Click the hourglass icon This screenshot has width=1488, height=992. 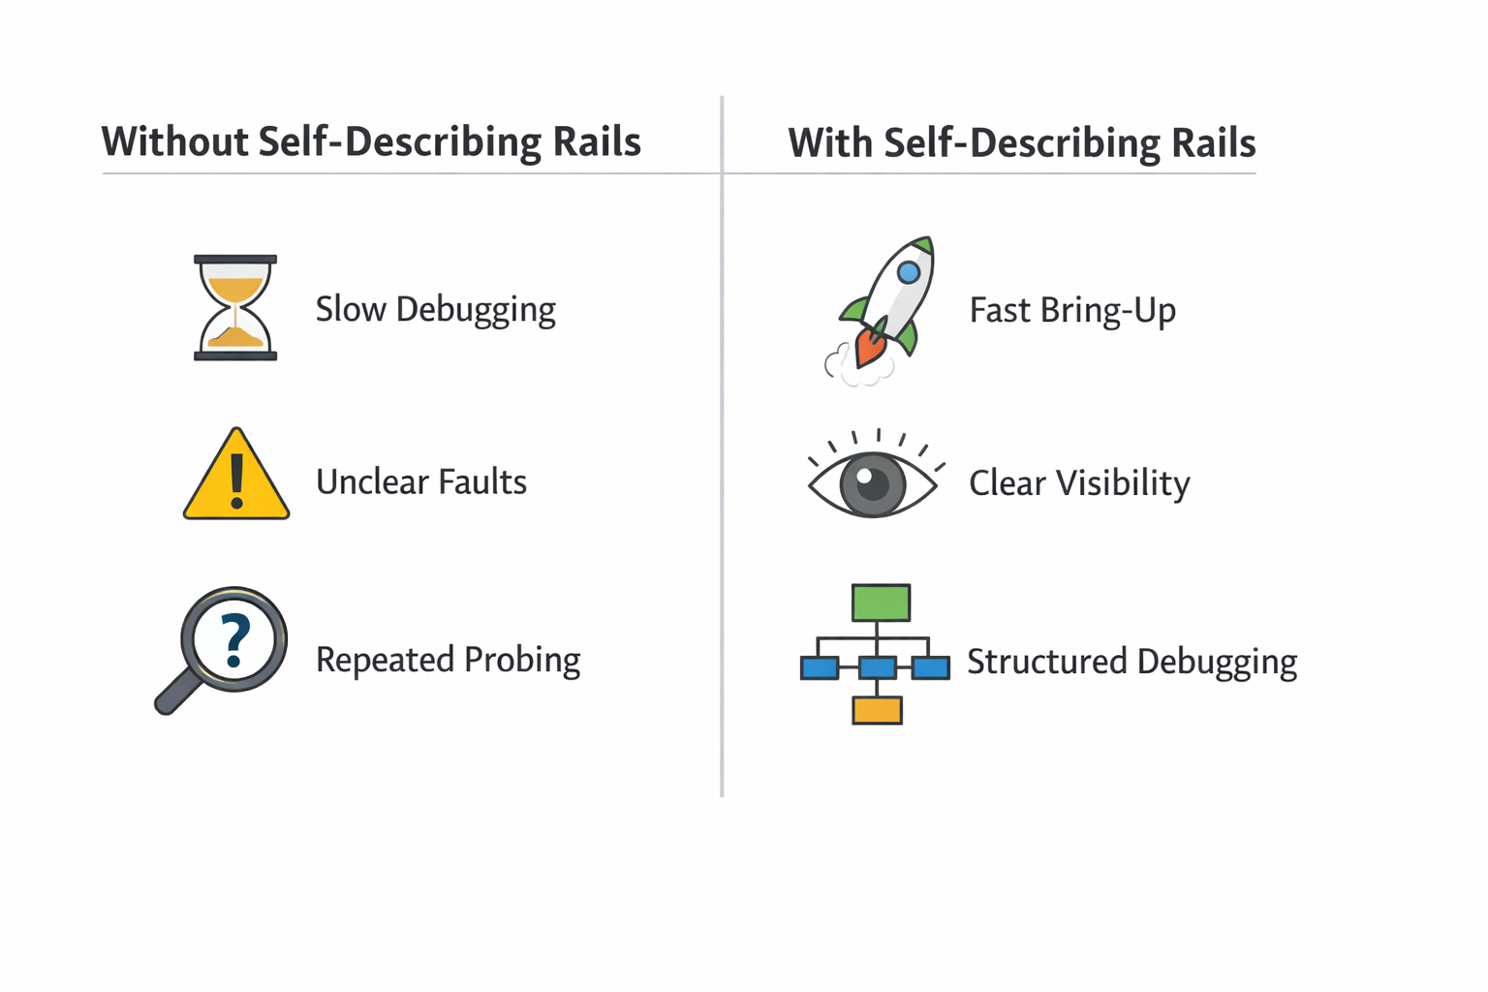coord(235,308)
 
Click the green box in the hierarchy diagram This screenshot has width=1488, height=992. coord(881,603)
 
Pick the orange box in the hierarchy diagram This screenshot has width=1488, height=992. coord(877,710)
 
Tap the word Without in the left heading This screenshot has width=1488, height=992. coord(174,141)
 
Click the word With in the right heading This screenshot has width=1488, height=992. coord(829,143)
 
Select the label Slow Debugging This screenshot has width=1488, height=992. coord(435,310)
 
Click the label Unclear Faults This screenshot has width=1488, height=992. coord(421,481)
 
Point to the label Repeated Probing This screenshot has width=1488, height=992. coord(448,660)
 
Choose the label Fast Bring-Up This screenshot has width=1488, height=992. coord(1072,311)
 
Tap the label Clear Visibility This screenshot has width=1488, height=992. coord(1079,483)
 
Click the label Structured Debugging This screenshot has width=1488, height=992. coord(1131,662)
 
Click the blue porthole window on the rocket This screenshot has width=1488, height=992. coord(909,272)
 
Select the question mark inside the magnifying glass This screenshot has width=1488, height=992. coord(234,640)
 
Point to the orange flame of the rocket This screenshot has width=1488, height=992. coord(869,347)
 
